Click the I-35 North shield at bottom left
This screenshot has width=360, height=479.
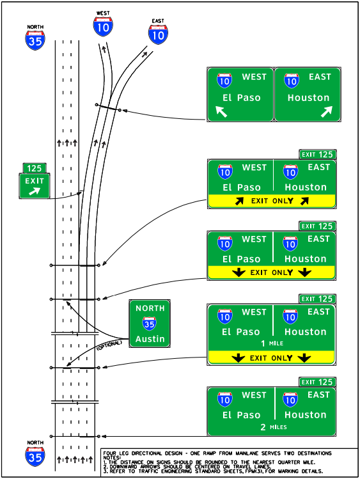pyautogui.click(x=35, y=455)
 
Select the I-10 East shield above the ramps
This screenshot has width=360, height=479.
pyautogui.click(x=159, y=33)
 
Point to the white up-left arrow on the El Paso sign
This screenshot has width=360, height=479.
pyautogui.click(x=221, y=112)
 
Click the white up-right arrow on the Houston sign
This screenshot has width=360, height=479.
pyautogui.click(x=327, y=112)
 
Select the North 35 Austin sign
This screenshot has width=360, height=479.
pyautogui.click(x=150, y=324)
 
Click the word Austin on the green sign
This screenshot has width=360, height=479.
pyautogui.click(x=150, y=339)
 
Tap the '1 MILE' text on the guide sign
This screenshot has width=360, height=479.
pyautogui.click(x=272, y=343)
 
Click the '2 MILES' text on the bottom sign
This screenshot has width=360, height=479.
pyautogui.click(x=272, y=427)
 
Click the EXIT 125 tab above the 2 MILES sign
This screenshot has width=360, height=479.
pyautogui.click(x=318, y=382)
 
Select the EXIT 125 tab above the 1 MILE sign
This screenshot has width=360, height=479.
pyautogui.click(x=318, y=299)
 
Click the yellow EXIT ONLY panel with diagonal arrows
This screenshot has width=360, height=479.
pyautogui.click(x=272, y=201)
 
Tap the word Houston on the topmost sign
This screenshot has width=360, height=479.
pyautogui.click(x=308, y=98)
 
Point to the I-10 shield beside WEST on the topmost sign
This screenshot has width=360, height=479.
pyautogui.click(x=224, y=81)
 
